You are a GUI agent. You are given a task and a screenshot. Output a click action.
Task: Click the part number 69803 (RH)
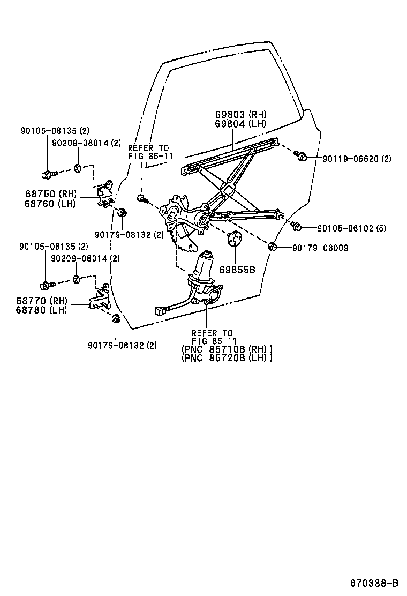(x=240, y=115)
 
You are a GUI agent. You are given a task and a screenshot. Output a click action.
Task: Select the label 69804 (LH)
(x=240, y=123)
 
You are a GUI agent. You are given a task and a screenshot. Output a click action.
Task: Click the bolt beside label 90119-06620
(x=301, y=156)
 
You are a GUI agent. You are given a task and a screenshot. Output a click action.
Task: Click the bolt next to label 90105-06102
(x=297, y=227)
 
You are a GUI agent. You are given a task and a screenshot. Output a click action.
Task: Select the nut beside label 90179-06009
(x=272, y=247)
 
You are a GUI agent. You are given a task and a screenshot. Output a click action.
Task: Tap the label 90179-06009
(x=320, y=248)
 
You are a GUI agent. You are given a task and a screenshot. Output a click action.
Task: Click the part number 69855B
(x=236, y=270)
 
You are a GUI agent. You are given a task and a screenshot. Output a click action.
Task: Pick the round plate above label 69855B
(x=234, y=239)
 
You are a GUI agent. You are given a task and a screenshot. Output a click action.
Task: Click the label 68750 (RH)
(x=50, y=193)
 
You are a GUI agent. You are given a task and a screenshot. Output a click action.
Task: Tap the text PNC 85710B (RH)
(x=227, y=349)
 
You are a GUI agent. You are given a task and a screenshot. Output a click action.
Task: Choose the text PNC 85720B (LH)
(x=227, y=358)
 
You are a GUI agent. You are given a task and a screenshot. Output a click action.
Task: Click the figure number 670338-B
(x=375, y=583)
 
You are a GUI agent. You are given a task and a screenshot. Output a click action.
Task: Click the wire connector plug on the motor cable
(x=159, y=310)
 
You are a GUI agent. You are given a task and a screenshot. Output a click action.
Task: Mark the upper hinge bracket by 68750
(x=105, y=193)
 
